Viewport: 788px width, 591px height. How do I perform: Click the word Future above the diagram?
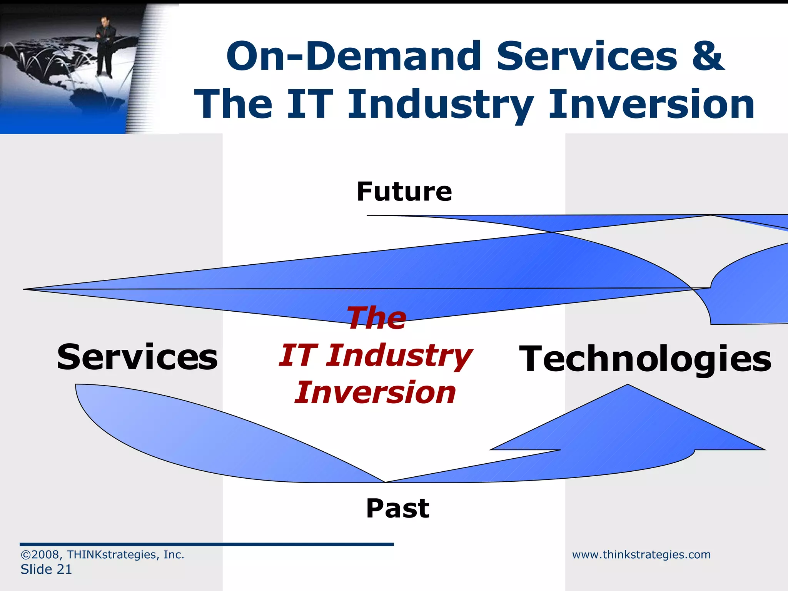click(404, 192)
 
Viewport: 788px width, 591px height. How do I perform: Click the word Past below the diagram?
click(397, 508)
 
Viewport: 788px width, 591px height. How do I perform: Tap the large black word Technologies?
click(645, 359)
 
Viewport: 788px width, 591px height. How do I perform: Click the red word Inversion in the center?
click(375, 392)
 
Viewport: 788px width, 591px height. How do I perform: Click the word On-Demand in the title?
click(354, 56)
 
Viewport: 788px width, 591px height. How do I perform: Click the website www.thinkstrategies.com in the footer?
click(641, 554)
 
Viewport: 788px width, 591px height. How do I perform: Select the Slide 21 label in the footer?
click(46, 569)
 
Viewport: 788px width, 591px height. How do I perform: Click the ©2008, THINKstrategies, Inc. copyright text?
click(102, 554)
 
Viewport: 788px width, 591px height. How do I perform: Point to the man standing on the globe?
click(105, 46)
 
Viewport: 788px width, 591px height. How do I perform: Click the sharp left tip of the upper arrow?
click(27, 289)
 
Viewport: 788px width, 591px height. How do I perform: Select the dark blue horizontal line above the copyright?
click(207, 544)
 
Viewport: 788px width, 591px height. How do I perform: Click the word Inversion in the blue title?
click(651, 104)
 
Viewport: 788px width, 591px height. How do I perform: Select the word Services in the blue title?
click(586, 56)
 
